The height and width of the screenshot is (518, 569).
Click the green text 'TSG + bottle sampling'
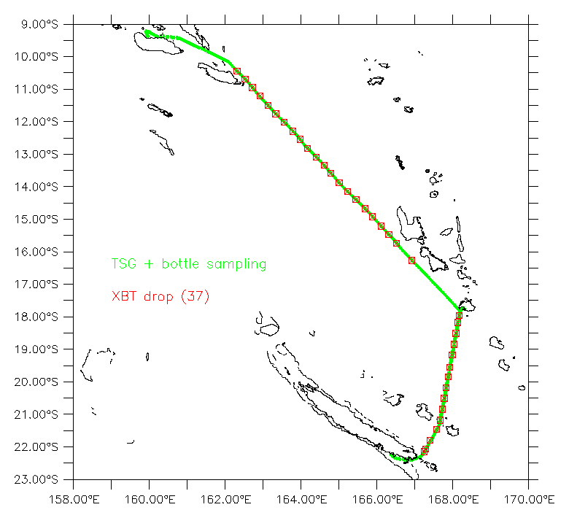[188, 264]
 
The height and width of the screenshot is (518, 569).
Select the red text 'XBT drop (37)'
[160, 297]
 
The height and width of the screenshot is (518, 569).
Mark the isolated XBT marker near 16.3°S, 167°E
[412, 260]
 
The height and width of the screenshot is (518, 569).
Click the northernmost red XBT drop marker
[237, 71]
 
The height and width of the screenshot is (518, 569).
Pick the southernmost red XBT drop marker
[425, 450]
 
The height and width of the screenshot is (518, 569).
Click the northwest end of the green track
[147, 31]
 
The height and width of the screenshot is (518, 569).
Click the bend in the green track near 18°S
[459, 309]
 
